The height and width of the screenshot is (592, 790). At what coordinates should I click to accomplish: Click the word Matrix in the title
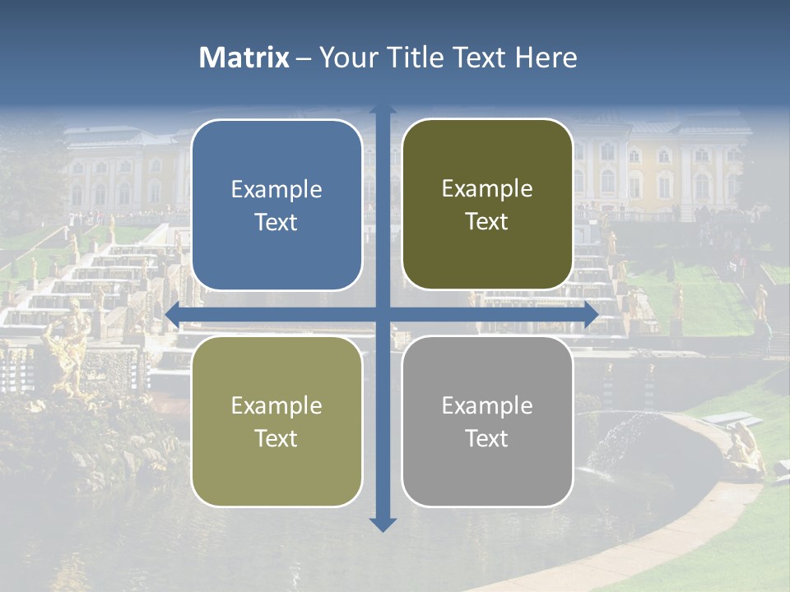coord(244,58)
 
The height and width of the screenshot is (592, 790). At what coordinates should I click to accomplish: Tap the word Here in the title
coord(546,58)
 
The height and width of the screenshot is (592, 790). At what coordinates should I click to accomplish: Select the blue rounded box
coord(276,205)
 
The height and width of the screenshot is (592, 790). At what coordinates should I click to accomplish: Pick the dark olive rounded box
coord(487,205)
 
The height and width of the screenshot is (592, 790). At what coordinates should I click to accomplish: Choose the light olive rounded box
coord(276,421)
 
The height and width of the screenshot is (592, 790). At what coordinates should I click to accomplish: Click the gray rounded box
coord(487,421)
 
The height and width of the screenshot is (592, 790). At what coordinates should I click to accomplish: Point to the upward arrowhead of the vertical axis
coord(383,111)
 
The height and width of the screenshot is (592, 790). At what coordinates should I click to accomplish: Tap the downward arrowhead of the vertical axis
coord(383,525)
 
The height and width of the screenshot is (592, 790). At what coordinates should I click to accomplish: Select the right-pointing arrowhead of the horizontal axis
coord(590,314)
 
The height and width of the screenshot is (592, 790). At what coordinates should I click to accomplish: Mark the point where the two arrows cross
coord(383,314)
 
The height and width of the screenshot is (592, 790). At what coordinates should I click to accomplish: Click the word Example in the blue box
coord(276,190)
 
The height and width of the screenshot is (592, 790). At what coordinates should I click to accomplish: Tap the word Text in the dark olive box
coord(487,222)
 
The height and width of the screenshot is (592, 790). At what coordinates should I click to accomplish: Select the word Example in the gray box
coord(487,405)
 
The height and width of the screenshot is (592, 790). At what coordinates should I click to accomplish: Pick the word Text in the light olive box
coord(276,438)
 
